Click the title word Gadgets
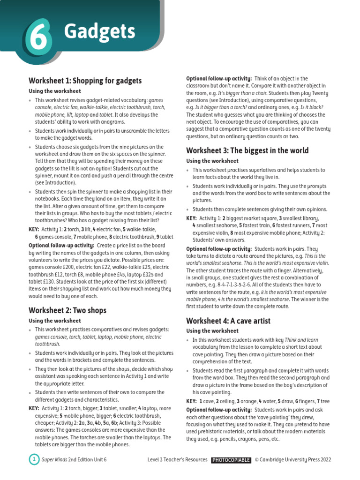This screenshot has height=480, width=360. pos(99,32)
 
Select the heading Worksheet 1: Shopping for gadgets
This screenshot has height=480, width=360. pos(85,81)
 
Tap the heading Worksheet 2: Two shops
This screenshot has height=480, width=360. pos(67,310)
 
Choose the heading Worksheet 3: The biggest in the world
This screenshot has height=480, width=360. pos(247,150)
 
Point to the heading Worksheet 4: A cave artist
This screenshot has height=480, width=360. pos(228,321)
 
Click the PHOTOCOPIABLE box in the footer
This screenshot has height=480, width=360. pos(231,460)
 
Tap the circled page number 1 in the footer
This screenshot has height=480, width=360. pos(34,460)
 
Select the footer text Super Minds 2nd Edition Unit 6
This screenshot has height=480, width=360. pos(74,460)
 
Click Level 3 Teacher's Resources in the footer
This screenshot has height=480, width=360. pos(177,460)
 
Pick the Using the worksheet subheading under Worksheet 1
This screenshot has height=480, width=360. pos(55,91)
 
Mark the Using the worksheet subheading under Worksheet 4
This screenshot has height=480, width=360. pos(212,331)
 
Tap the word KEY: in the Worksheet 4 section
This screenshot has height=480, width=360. pos(191,401)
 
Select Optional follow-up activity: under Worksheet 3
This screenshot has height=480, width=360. pos(219,249)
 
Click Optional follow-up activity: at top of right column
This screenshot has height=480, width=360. pos(219,79)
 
